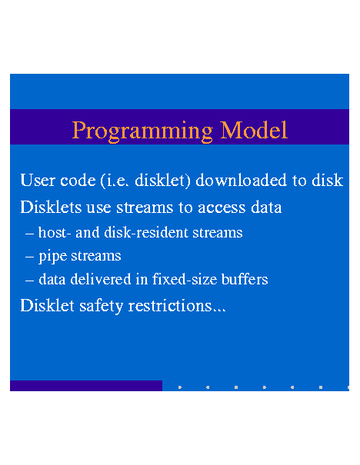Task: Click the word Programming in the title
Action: coord(142,131)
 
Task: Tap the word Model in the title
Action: coord(254,130)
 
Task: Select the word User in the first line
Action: coord(38,180)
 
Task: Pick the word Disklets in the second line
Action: coord(51,207)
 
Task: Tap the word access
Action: coord(222,208)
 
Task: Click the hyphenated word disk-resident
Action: coord(146,232)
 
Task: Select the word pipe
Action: coord(52,257)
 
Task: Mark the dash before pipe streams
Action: coord(29,257)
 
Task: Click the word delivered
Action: coord(101,279)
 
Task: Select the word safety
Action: coord(101,306)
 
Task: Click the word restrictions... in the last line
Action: coord(177,305)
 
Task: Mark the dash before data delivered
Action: coord(29,281)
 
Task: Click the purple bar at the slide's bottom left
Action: coord(86,386)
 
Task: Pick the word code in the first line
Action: coord(78,180)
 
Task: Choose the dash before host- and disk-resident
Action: coord(29,234)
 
